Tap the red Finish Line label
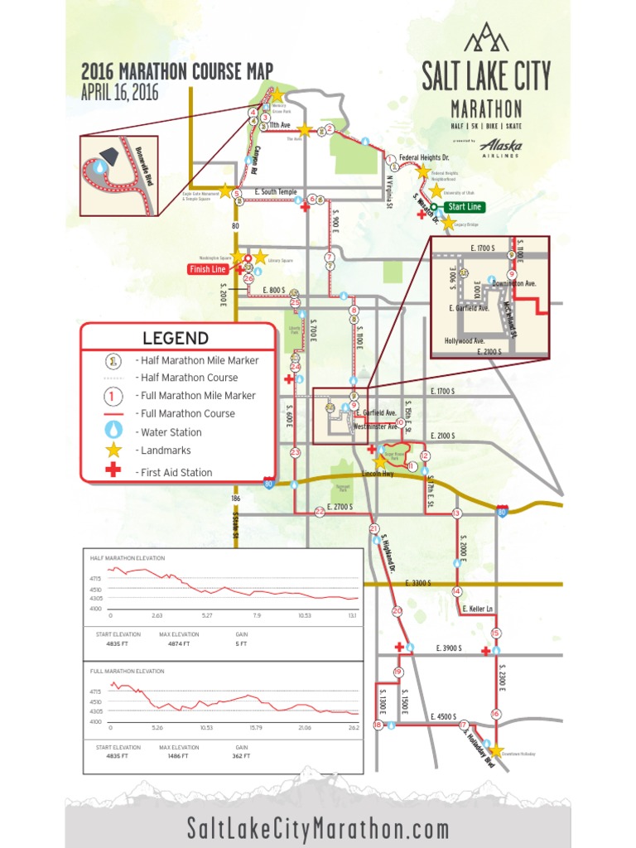[x=208, y=269]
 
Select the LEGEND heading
[x=176, y=338]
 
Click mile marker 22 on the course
[x=320, y=513]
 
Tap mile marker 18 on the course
[x=378, y=725]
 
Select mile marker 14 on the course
[x=456, y=591]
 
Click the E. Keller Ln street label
[x=478, y=609]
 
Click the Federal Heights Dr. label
[x=424, y=157]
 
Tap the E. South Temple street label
[x=276, y=192]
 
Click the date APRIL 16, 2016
[x=119, y=92]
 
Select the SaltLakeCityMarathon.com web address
[x=318, y=828]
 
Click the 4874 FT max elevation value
[x=181, y=643]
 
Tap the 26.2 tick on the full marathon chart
[x=353, y=728]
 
